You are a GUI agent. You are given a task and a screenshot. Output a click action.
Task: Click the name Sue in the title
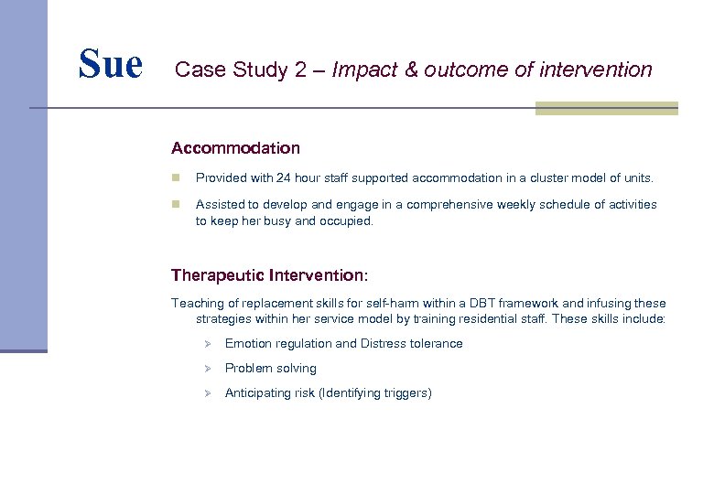[x=110, y=64]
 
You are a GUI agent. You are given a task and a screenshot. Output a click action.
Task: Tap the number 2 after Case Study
[x=301, y=70]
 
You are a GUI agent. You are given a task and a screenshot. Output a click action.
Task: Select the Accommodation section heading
[x=235, y=147]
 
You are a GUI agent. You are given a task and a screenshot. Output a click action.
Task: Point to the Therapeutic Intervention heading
[x=269, y=274]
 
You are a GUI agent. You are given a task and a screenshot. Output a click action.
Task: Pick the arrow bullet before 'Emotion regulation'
[x=208, y=344]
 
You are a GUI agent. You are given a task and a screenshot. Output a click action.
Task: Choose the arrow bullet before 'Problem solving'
[x=208, y=369]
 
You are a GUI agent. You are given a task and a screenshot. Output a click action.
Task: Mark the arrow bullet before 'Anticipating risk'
[x=208, y=393]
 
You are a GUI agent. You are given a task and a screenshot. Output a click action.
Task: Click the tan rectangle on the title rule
[x=606, y=108]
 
